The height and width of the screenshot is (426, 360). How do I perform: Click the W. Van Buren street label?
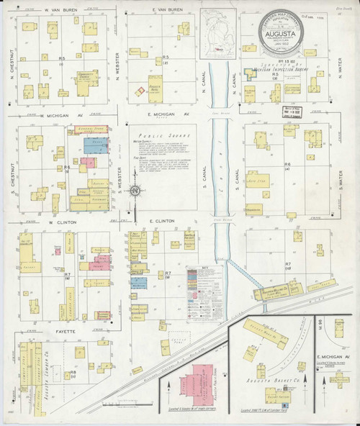coord(61,11)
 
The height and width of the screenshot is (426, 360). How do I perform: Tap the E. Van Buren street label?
coord(168,11)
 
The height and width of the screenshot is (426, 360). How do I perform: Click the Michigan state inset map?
coord(219,32)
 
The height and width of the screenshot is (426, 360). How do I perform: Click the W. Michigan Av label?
coord(61,116)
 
